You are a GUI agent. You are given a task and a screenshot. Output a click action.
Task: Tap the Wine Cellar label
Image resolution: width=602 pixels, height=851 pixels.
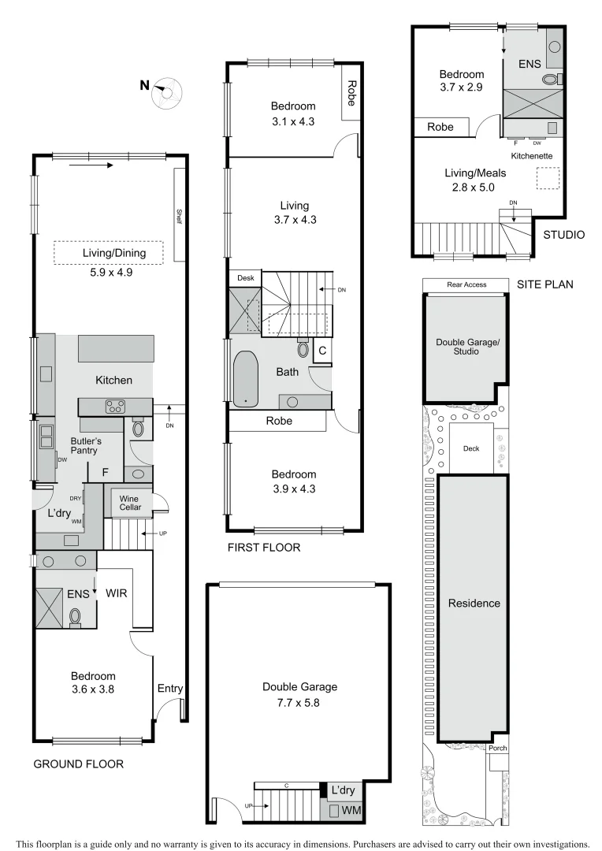click(x=129, y=504)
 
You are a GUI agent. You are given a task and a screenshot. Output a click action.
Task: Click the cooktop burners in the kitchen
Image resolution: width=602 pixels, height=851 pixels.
click(x=116, y=407)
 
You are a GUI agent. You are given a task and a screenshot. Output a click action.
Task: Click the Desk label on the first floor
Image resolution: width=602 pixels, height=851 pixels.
click(x=244, y=278)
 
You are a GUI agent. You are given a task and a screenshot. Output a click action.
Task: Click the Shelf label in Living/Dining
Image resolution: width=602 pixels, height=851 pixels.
click(x=179, y=215)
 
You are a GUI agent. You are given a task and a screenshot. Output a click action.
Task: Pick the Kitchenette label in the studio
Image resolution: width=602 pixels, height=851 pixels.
click(x=532, y=156)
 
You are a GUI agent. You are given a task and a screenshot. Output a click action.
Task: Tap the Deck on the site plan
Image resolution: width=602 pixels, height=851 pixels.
click(x=471, y=448)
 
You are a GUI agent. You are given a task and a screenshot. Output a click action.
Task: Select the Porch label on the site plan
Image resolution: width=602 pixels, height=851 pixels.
click(x=497, y=749)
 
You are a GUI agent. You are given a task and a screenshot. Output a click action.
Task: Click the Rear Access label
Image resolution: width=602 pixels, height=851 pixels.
click(x=466, y=284)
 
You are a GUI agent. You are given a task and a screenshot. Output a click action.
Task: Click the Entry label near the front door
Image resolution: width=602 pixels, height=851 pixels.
click(x=169, y=689)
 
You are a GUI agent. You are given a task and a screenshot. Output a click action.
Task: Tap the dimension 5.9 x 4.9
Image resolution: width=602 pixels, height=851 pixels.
click(x=108, y=269)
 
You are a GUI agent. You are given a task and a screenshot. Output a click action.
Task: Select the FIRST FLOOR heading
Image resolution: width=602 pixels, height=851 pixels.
click(x=263, y=548)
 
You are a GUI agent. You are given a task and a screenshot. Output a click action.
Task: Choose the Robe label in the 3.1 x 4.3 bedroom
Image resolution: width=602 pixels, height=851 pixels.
click(x=352, y=91)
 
